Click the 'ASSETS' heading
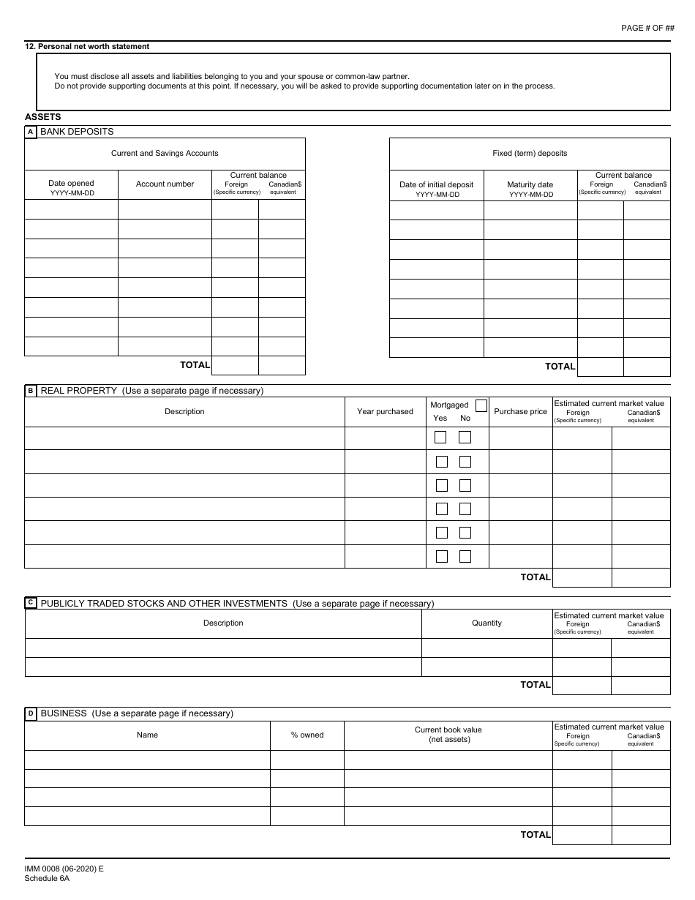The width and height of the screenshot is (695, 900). [43, 116]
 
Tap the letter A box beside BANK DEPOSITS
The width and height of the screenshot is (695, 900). [31, 132]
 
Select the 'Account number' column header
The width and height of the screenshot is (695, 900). [165, 184]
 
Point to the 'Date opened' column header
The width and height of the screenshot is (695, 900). [71, 184]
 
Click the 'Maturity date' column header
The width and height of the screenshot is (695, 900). [530, 185]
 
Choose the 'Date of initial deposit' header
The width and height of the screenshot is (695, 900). [436, 185]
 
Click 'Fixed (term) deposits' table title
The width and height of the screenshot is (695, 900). [530, 154]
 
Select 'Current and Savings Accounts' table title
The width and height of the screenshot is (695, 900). [165, 154]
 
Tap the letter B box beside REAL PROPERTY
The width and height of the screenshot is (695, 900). [31, 391]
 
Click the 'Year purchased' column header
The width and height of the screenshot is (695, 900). [385, 412]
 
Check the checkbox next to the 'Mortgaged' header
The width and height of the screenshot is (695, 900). [481, 405]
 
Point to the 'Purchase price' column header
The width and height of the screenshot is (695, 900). [520, 412]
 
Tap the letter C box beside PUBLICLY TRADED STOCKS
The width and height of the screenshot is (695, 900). [31, 603]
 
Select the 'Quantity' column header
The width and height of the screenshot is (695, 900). [487, 623]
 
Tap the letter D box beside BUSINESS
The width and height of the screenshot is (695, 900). [31, 713]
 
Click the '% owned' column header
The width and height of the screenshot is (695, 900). [307, 735]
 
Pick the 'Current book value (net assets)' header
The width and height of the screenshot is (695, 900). [448, 735]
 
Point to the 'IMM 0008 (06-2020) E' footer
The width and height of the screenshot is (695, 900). [64, 869]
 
